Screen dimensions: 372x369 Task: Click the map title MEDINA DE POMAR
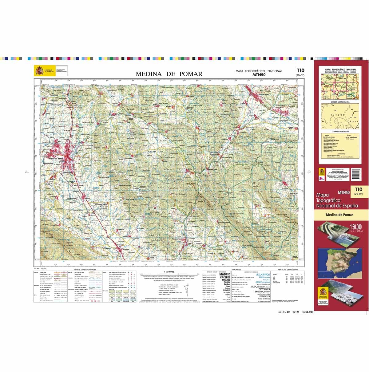coord(169,74)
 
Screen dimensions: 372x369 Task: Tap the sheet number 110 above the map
coord(300,71)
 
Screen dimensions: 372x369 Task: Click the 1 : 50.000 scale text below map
coord(169,272)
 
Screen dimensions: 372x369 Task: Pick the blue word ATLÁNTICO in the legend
coord(263,275)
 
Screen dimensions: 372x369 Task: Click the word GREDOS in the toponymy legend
coord(264,289)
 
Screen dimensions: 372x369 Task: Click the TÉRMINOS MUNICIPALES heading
coord(340,131)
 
